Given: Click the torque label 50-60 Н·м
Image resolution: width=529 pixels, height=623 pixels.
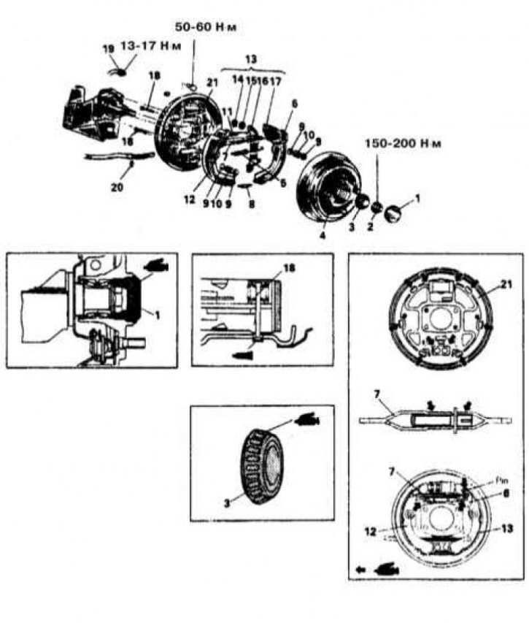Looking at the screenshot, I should [208, 27].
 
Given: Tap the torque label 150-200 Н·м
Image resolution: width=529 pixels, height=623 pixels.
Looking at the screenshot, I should [412, 144].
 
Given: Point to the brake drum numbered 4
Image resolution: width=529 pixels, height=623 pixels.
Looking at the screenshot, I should [332, 186].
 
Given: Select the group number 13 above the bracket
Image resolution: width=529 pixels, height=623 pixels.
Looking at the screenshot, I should [253, 58].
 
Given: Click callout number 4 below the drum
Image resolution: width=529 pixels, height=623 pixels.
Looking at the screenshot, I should [322, 236].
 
